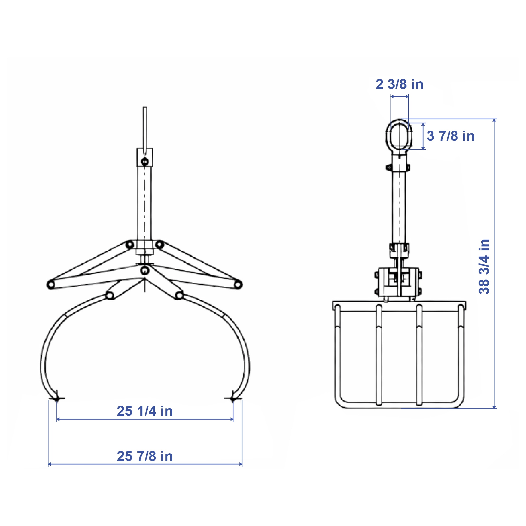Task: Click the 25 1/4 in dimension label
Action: [145, 411]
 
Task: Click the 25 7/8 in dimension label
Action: [145, 456]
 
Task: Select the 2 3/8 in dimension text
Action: [399, 84]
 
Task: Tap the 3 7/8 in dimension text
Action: [451, 136]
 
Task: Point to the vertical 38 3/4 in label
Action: [484, 267]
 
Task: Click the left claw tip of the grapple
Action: [57, 399]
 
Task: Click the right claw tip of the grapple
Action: [233, 399]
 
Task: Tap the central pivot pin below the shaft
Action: [145, 271]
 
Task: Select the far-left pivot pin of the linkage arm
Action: [51, 285]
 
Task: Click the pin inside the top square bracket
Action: [145, 162]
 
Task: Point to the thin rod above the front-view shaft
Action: [145, 126]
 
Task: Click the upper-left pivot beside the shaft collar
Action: [130, 245]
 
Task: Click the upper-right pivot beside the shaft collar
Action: [160, 244]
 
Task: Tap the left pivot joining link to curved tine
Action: [110, 296]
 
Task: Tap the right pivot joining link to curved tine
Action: [179, 295]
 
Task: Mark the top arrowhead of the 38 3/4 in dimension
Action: [494, 120]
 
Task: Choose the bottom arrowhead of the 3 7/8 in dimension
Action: [423, 148]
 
